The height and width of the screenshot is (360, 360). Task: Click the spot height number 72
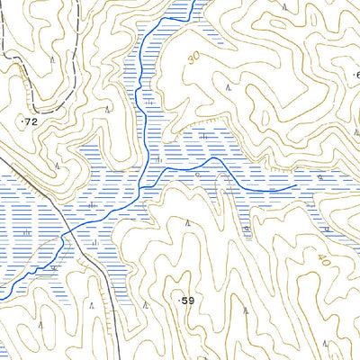pyautogui.click(x=32, y=120)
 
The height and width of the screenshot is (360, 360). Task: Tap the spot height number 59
pyautogui.click(x=187, y=300)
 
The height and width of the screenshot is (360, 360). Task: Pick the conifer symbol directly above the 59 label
pyautogui.click(x=187, y=221)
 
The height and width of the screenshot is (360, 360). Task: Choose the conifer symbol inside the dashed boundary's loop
pyautogui.click(x=53, y=59)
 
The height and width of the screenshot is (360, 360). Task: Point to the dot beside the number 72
pyautogui.click(x=22, y=118)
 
